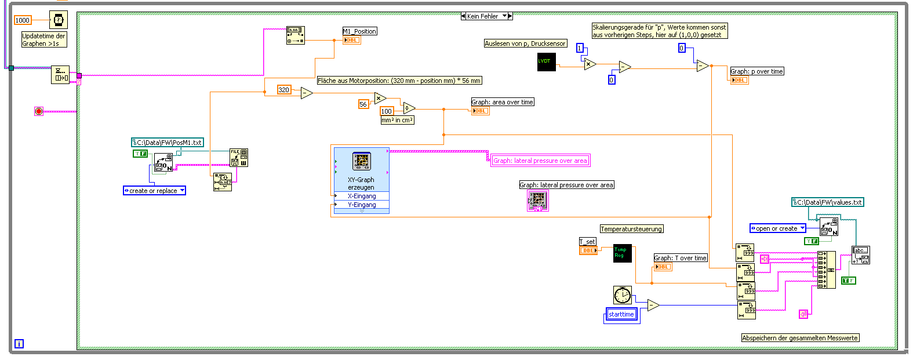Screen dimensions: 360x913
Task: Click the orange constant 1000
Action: tap(23, 20)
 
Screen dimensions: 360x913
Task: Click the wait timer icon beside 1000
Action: tap(58, 20)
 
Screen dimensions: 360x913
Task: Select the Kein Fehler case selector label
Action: tap(483, 16)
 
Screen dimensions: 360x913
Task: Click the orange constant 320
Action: tap(284, 90)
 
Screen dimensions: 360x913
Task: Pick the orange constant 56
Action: tap(363, 104)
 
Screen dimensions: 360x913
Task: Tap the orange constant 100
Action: tap(387, 111)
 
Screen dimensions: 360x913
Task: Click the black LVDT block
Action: tap(546, 62)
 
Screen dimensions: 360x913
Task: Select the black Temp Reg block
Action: tap(622, 253)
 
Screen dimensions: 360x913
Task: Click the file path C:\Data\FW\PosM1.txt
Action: tap(168, 143)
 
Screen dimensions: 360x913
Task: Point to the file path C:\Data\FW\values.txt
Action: tap(828, 202)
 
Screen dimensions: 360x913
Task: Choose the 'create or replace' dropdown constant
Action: tap(154, 191)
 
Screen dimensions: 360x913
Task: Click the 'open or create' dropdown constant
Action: tap(777, 228)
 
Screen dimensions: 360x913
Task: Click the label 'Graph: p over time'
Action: tap(756, 71)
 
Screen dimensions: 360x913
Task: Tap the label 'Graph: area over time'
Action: tap(502, 102)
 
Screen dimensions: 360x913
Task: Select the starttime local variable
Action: tap(621, 315)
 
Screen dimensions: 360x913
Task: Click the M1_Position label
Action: tap(359, 31)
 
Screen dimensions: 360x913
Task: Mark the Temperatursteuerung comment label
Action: tap(631, 229)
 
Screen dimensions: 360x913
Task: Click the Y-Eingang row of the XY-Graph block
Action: tap(362, 205)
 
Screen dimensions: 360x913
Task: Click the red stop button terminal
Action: tap(39, 111)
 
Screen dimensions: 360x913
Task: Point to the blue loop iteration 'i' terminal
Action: tap(19, 344)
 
